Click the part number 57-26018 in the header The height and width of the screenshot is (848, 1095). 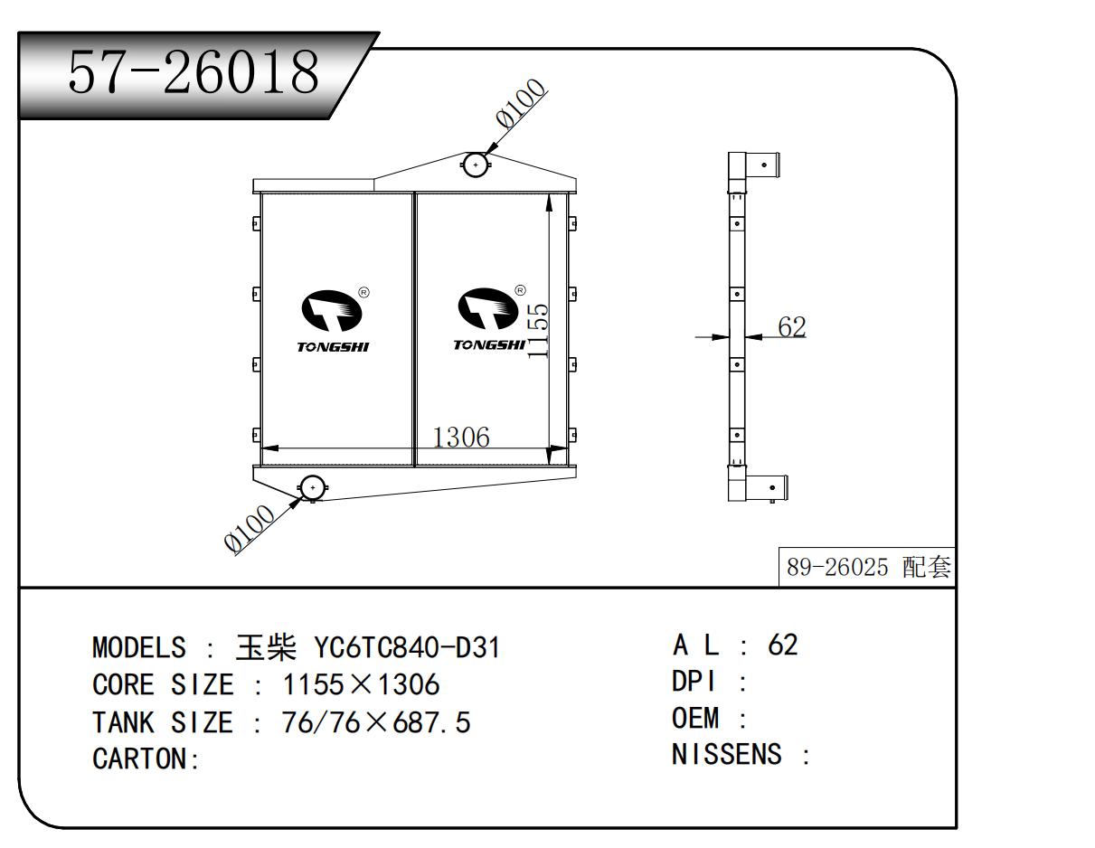coord(194,72)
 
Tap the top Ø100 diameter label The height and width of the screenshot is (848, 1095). coord(521,103)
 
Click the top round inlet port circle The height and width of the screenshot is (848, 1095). coord(476,165)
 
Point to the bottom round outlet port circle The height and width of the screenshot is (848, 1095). coord(313,488)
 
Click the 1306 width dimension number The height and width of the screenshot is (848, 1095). coord(461,438)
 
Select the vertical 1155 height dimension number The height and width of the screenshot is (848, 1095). coord(537,331)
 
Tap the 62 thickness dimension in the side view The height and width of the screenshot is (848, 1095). coord(792,327)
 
